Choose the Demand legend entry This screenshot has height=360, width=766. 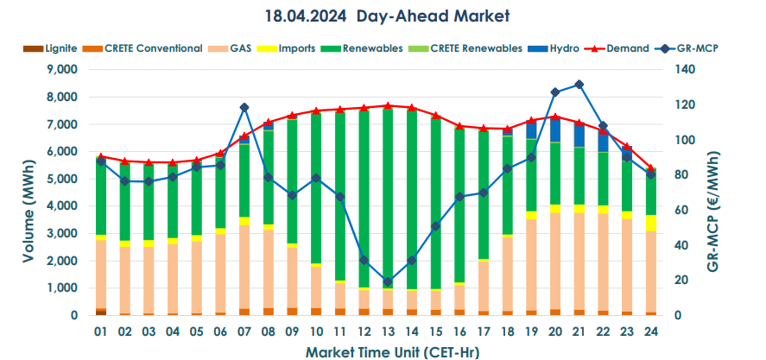point(628,48)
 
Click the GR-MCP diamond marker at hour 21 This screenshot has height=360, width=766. point(579,85)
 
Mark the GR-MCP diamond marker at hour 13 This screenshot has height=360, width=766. point(387,281)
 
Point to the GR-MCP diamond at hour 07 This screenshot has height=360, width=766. point(244,107)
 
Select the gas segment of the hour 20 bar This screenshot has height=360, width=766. point(554,259)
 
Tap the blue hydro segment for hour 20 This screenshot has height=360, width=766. point(554,129)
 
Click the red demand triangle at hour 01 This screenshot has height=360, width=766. point(101,156)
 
